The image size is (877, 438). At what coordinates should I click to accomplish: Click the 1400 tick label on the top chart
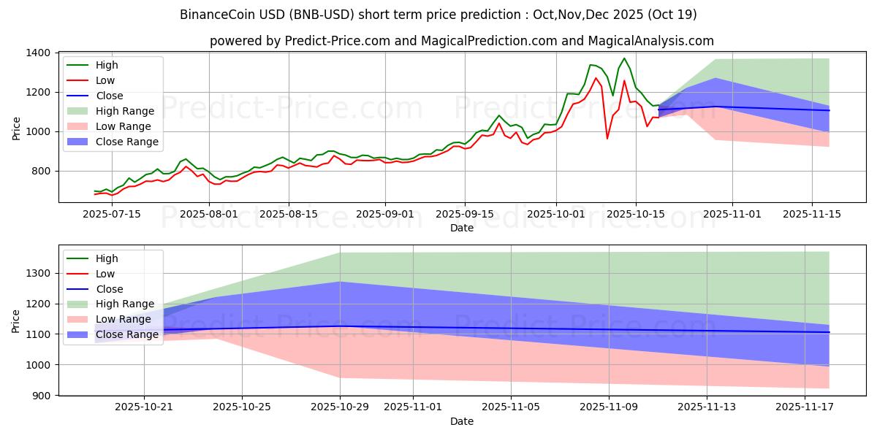[x=37, y=53]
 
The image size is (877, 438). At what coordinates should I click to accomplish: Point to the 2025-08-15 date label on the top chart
[x=289, y=214]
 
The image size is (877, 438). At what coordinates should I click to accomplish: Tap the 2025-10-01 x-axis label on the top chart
[x=556, y=214]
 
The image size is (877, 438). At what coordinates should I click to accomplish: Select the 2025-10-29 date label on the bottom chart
[x=340, y=407]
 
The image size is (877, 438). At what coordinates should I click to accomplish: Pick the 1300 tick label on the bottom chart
[x=38, y=274]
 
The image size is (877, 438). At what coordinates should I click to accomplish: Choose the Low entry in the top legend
[x=105, y=80]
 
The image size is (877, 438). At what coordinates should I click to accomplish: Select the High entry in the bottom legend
[x=106, y=258]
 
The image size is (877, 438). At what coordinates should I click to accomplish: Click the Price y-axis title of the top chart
[x=16, y=127]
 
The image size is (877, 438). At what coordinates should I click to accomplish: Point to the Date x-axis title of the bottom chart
[x=461, y=421]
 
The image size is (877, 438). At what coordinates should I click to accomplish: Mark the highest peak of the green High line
[x=624, y=58]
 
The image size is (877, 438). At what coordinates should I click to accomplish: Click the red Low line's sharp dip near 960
[x=607, y=139]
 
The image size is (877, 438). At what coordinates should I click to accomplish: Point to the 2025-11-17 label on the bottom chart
[x=804, y=407]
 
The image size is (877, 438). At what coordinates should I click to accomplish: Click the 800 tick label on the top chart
[x=40, y=172]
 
